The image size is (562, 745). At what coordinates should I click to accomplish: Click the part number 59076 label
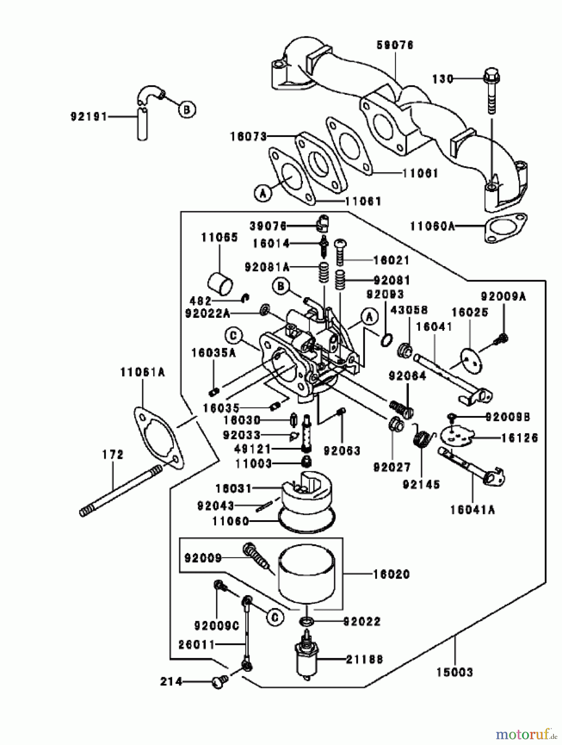(x=395, y=45)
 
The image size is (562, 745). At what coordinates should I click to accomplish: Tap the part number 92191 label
(x=89, y=117)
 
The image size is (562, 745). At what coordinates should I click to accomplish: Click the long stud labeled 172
(x=120, y=491)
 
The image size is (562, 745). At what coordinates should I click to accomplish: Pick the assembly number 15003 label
(x=454, y=672)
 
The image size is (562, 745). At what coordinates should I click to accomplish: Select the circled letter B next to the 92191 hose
(x=187, y=110)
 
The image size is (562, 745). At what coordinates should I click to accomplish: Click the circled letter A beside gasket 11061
(x=263, y=193)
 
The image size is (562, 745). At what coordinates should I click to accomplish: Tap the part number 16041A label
(x=472, y=510)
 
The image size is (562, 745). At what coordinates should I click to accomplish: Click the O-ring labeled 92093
(x=386, y=340)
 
